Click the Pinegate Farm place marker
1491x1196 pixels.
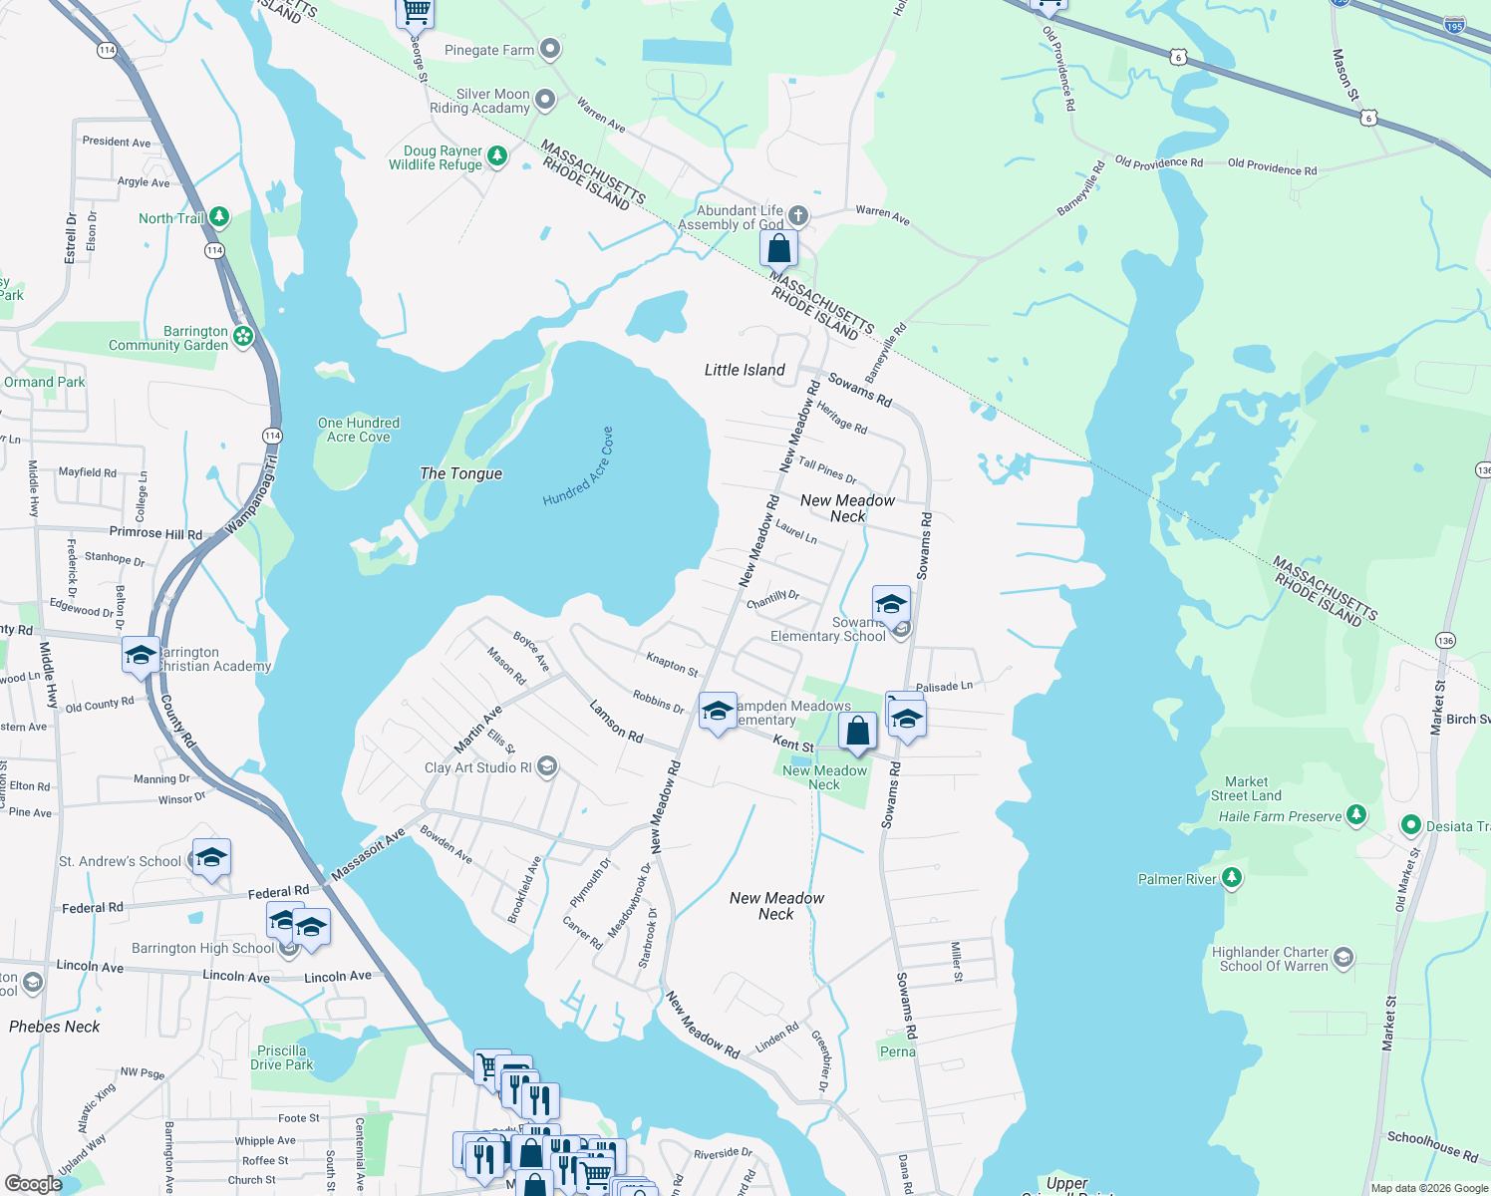[549, 49]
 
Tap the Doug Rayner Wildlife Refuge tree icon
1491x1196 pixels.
[496, 156]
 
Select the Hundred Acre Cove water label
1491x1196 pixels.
[578, 466]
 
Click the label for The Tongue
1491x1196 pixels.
[460, 473]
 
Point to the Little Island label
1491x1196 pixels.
[745, 370]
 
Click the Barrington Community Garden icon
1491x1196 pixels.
[243, 337]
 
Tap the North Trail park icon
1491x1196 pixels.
[219, 217]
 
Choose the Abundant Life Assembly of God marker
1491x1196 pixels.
[797, 216]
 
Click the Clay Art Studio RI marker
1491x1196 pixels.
[546, 766]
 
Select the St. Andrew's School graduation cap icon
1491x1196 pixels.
[211, 858]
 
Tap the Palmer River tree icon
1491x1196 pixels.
[1232, 877]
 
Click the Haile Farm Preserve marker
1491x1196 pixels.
[1355, 815]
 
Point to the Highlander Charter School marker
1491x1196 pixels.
[1343, 959]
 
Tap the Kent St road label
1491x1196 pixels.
[793, 744]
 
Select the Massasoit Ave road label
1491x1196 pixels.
[368, 855]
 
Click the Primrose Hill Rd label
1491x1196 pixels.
[155, 533]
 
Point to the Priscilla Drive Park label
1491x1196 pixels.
[281, 1057]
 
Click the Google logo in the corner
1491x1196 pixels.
[33, 1183]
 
